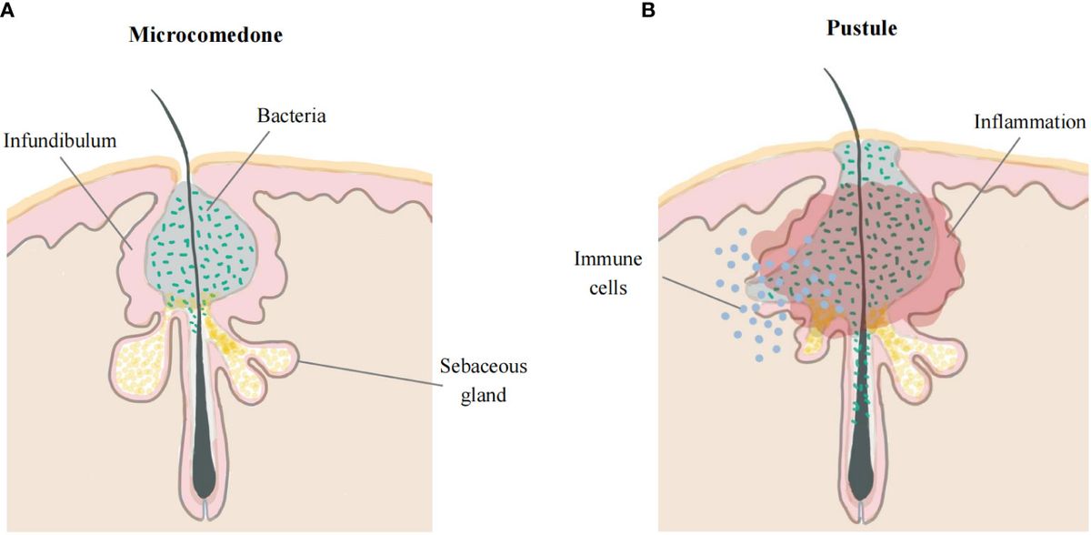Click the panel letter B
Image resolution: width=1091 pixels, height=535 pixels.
(x=648, y=10)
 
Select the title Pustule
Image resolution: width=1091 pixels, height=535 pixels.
(x=861, y=28)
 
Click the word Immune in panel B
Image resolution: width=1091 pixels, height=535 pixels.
(x=607, y=259)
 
